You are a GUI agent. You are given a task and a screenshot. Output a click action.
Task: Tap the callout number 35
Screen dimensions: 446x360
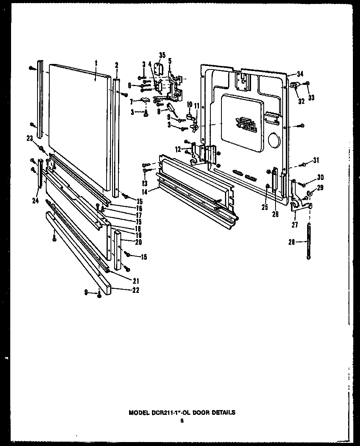(162, 55)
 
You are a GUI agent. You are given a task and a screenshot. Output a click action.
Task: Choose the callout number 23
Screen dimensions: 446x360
(29, 138)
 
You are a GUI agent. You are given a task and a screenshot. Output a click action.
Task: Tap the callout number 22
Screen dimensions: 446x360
(135, 290)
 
